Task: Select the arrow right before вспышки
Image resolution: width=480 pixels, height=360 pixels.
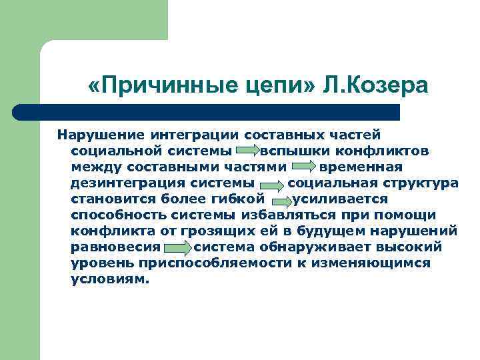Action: pos(248,152)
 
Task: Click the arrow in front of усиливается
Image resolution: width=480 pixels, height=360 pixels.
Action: pos(280,199)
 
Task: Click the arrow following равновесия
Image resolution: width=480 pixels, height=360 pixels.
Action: pos(177,248)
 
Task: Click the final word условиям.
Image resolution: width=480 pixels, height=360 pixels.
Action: pos(109,279)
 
